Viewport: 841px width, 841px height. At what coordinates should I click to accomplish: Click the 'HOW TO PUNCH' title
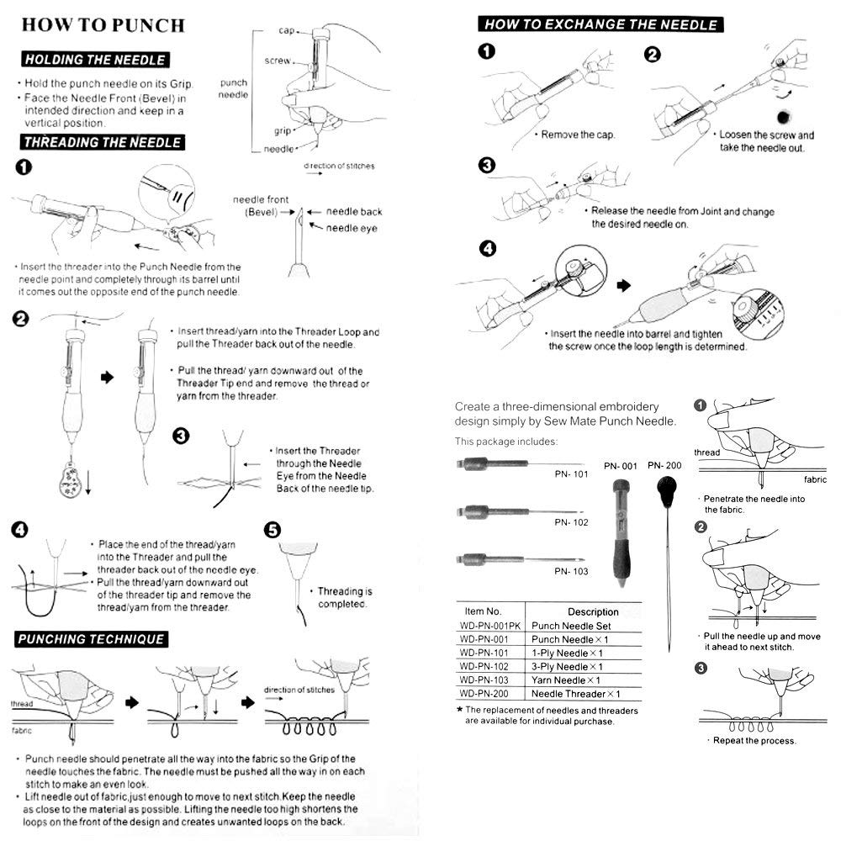pyautogui.click(x=103, y=24)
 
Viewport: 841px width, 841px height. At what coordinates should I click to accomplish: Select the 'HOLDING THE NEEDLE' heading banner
pyautogui.click(x=95, y=60)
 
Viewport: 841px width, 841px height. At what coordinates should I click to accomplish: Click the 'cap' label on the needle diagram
pyautogui.click(x=286, y=30)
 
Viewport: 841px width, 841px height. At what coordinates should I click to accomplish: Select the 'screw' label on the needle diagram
pyautogui.click(x=278, y=61)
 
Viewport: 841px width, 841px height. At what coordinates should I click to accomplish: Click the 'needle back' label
pyautogui.click(x=354, y=211)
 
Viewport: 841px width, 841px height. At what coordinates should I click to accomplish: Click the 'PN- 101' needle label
pyautogui.click(x=571, y=473)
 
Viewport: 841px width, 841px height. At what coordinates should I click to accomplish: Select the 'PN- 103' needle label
pyautogui.click(x=571, y=571)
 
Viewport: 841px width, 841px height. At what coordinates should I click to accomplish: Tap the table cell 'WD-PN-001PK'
pyautogui.click(x=490, y=627)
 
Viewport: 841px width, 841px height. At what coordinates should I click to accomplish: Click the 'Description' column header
pyautogui.click(x=593, y=611)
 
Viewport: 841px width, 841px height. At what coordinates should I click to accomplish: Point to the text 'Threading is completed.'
pyautogui.click(x=344, y=597)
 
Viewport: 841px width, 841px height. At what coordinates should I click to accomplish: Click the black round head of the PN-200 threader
pyautogui.click(x=669, y=488)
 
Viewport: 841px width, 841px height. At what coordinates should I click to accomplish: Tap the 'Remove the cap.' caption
pyautogui.click(x=578, y=135)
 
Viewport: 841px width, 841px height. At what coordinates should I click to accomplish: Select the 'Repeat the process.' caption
pyautogui.click(x=754, y=740)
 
